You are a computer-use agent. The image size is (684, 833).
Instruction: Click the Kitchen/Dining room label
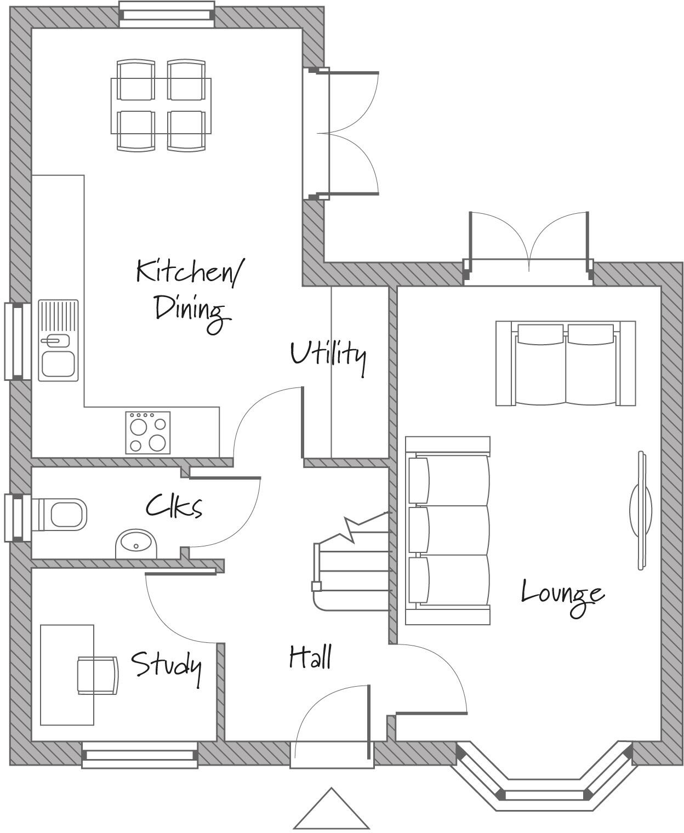pos(189,290)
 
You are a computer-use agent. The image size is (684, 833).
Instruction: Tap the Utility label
pos(328,355)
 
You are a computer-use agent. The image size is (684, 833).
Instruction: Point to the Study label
pos(166,665)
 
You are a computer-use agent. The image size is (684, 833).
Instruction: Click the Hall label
pos(310,657)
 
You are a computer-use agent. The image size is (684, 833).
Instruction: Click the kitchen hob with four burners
pos(147,432)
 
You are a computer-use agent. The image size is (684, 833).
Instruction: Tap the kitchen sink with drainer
pos(58,340)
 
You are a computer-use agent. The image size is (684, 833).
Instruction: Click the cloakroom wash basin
pos(136,544)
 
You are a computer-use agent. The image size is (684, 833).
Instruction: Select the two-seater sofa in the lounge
pos(566,363)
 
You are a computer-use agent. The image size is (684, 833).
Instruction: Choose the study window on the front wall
pos(140,755)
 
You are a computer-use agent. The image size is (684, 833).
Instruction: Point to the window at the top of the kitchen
pos(167,14)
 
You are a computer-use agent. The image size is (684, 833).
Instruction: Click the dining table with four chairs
pos(161,106)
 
